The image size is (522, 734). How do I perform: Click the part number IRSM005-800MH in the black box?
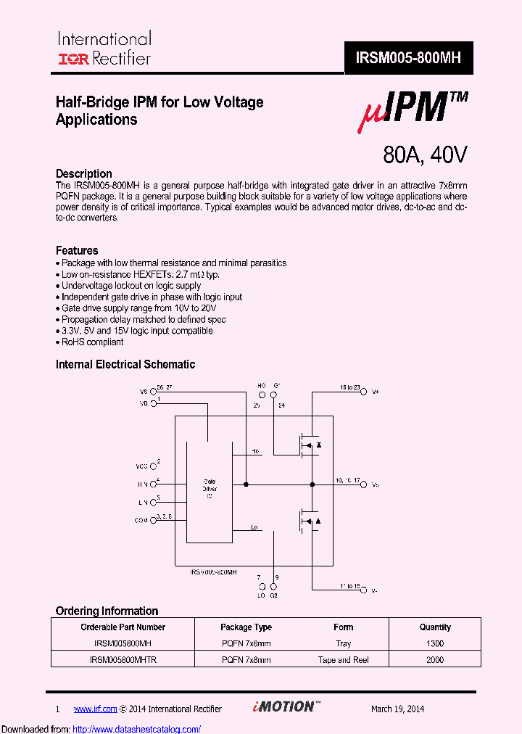pyautogui.click(x=408, y=58)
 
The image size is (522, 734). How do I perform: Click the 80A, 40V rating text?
pyautogui.click(x=425, y=154)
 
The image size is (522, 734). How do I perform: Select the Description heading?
pyautogui.click(x=84, y=174)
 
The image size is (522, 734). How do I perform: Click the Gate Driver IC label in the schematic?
pyautogui.click(x=209, y=489)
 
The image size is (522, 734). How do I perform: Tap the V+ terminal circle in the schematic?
pyautogui.click(x=365, y=392)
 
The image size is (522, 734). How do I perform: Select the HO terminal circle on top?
pyautogui.click(x=262, y=395)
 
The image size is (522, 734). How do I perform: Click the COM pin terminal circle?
pyautogui.click(x=153, y=520)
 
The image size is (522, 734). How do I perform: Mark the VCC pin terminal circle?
pyautogui.click(x=153, y=466)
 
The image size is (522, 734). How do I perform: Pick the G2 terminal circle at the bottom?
pyautogui.click(x=273, y=585)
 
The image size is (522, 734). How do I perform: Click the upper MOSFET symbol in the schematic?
pyautogui.click(x=307, y=445)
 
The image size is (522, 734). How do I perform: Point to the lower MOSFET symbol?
pyautogui.click(x=307, y=521)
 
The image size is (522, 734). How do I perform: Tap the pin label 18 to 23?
pyautogui.click(x=349, y=388)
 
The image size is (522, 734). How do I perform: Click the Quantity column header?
pyautogui.click(x=435, y=627)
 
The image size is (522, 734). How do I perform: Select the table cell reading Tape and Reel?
pyautogui.click(x=344, y=660)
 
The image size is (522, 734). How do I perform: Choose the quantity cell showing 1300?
pyautogui.click(x=435, y=643)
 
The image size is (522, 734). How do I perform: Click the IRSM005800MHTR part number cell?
pyautogui.click(x=123, y=660)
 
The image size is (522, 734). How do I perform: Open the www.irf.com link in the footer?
pyautogui.click(x=95, y=709)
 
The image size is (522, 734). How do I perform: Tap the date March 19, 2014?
pyautogui.click(x=397, y=709)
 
